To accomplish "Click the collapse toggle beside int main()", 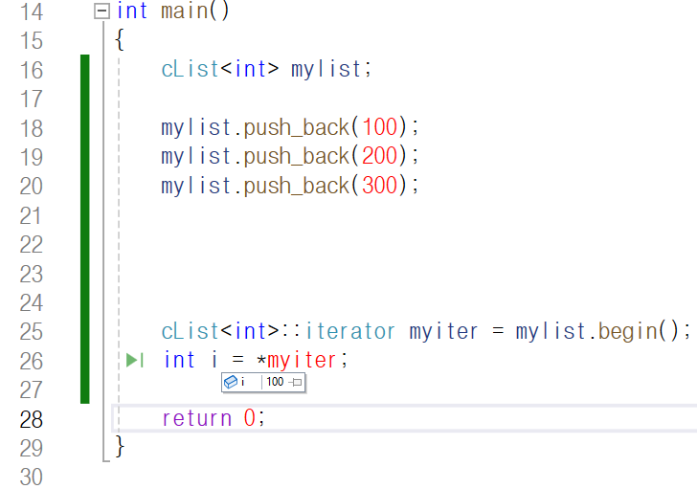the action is [x=101, y=11].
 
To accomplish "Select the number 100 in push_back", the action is [x=378, y=127].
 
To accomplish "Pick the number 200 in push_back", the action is [x=378, y=156].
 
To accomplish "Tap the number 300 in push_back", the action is [x=378, y=185].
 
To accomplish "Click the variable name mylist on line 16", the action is [x=326, y=70].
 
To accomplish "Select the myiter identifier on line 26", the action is [x=303, y=360].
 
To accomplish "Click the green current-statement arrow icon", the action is [x=134, y=360].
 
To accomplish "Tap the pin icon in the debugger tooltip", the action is [x=296, y=382].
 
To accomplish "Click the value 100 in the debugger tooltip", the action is [x=275, y=382].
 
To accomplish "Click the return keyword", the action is [x=196, y=418].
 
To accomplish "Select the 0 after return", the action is [x=249, y=418].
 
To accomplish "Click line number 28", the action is [x=32, y=419].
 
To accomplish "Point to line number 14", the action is [x=32, y=12].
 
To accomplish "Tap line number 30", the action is [x=32, y=477].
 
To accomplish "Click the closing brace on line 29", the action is [x=120, y=446].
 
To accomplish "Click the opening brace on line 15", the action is [x=120, y=41].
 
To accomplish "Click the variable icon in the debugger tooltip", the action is [x=230, y=382].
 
